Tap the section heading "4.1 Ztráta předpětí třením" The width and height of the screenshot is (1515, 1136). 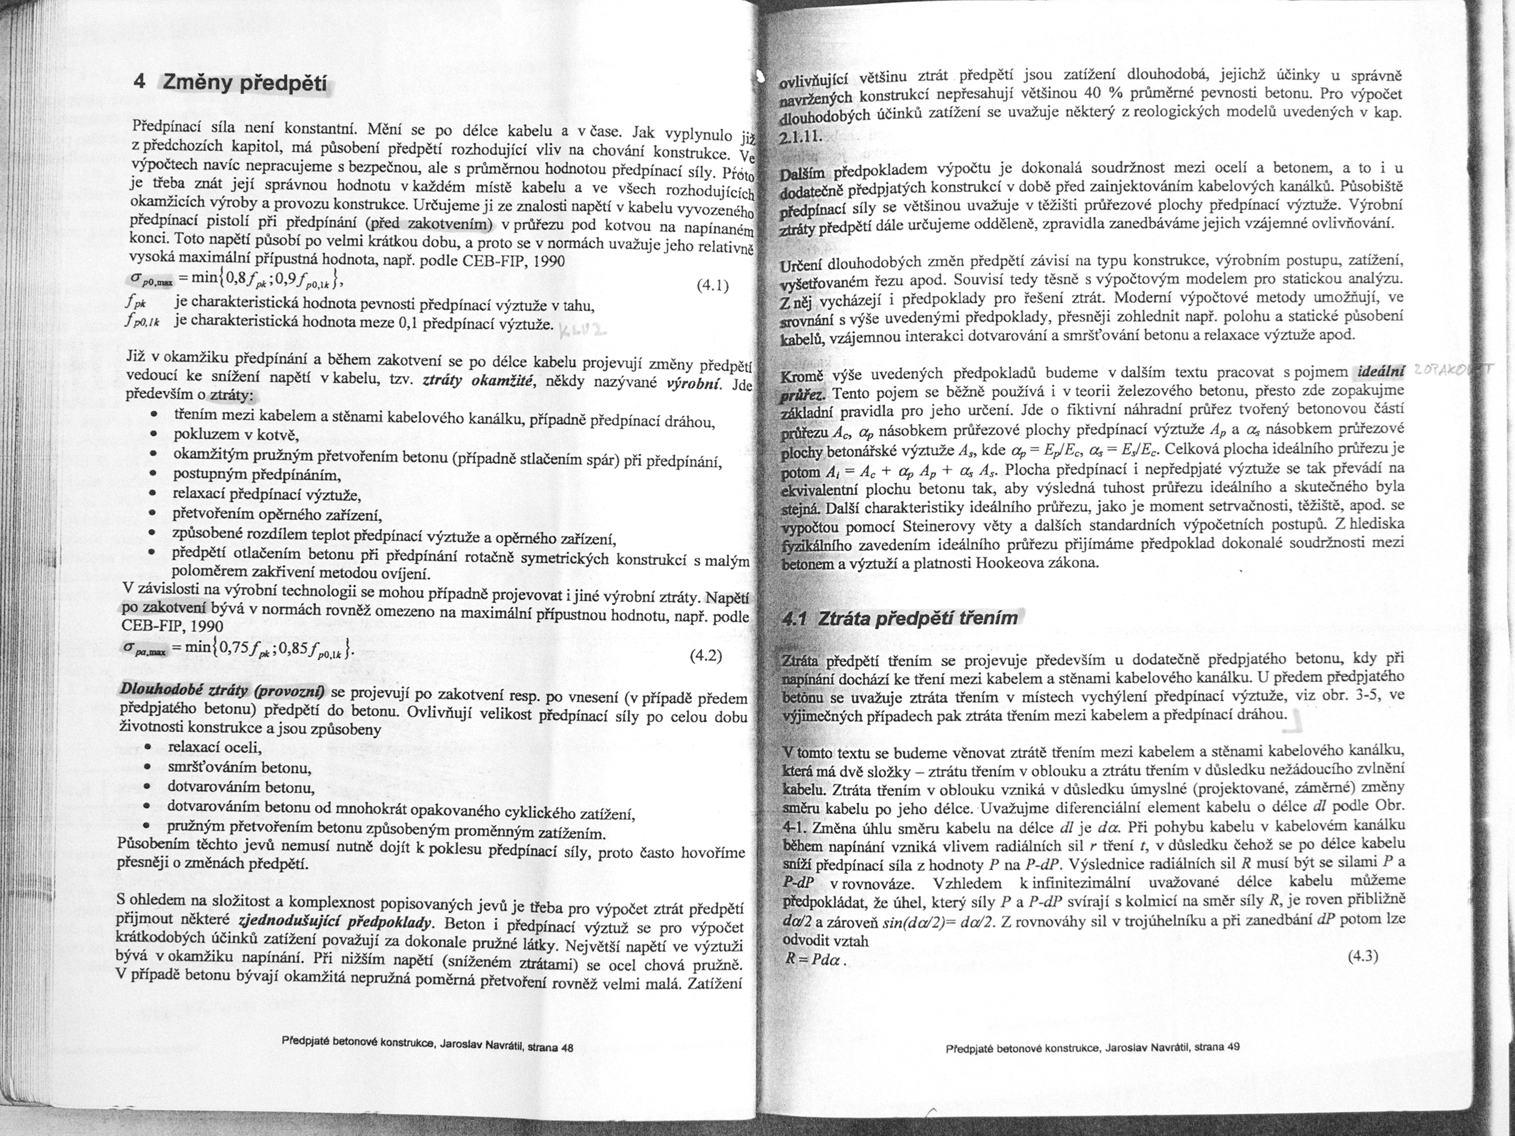(900, 618)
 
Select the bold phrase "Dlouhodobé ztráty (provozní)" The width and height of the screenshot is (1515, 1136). (223, 689)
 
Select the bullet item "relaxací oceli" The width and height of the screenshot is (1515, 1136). (215, 748)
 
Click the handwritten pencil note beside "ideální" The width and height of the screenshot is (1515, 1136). (1452, 370)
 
